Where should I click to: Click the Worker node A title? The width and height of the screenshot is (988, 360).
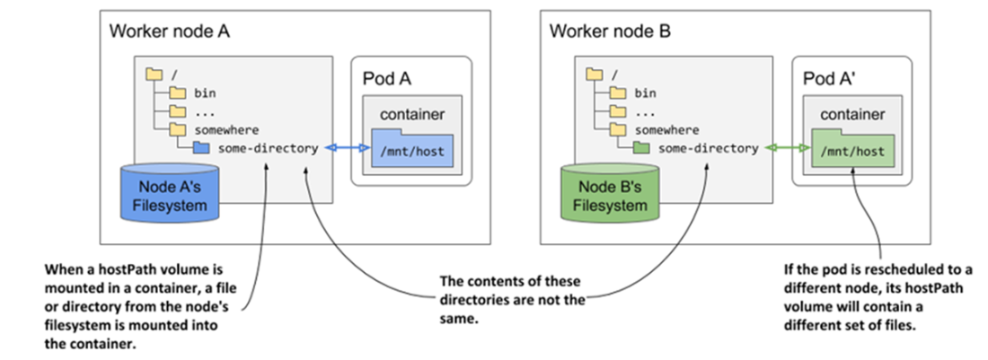pyautogui.click(x=170, y=31)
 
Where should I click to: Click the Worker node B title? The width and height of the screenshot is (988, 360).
pyautogui.click(x=610, y=31)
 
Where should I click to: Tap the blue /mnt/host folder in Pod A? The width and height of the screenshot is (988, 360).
pyautogui.click(x=410, y=148)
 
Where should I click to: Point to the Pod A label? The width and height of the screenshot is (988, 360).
pyautogui.click(x=387, y=78)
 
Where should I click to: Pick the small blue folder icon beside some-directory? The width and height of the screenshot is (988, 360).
pyautogui.click(x=199, y=148)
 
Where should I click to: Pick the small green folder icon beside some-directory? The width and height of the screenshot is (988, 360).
pyautogui.click(x=639, y=148)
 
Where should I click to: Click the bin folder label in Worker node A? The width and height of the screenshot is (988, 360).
pyautogui.click(x=205, y=92)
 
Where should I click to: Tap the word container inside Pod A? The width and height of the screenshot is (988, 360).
pyautogui.click(x=410, y=116)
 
